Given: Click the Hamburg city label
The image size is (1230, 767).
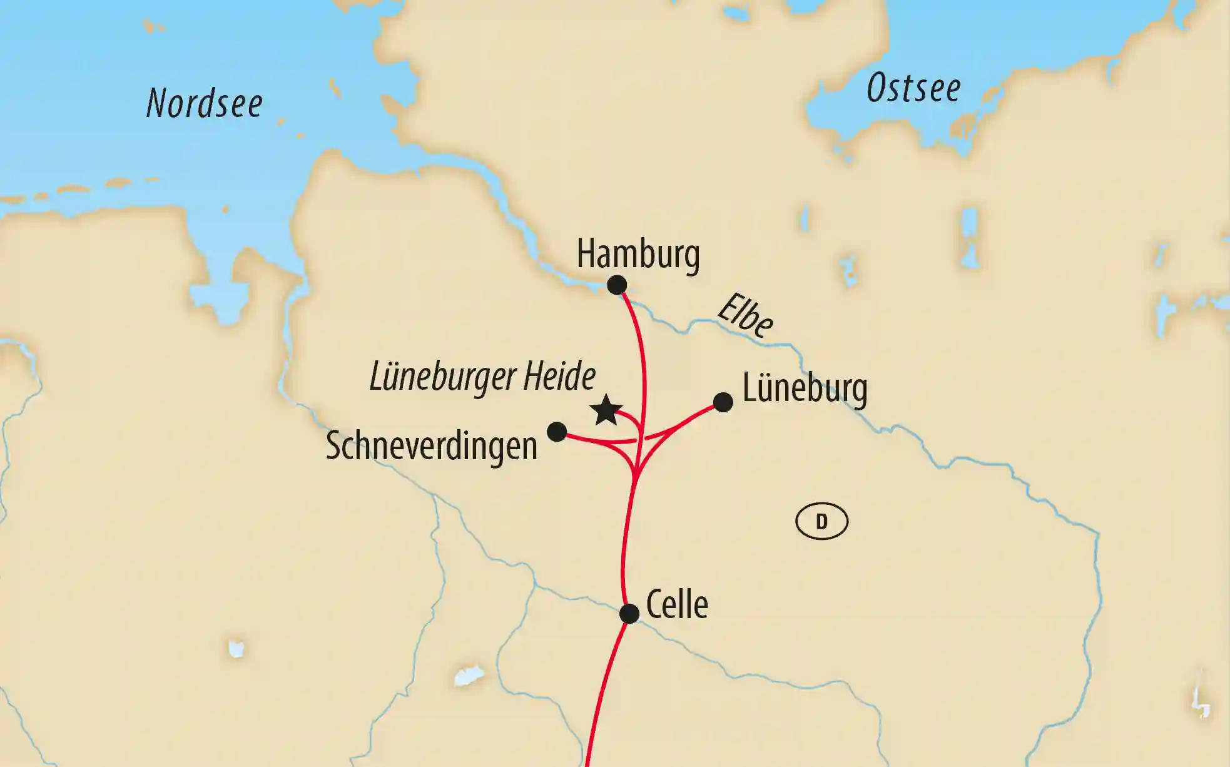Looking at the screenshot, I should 638,254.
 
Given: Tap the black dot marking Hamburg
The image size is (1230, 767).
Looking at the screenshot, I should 617,285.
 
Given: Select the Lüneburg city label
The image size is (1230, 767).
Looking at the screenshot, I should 805,389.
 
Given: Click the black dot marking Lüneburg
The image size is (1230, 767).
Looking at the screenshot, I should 723,402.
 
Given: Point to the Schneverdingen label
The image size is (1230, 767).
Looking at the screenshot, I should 432,446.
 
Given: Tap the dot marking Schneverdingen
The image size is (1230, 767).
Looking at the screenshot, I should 557,432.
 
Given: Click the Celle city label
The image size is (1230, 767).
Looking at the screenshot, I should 676,605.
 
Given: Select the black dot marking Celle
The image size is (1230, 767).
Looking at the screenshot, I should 629,613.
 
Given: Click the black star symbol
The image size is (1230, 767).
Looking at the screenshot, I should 606,410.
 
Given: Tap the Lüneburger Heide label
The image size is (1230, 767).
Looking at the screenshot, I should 482,377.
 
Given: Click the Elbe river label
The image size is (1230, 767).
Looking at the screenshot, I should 746,315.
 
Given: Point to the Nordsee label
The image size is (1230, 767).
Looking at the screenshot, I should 204,103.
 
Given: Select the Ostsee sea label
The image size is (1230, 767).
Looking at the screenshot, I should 913,88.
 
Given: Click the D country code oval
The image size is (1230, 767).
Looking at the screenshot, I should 821,521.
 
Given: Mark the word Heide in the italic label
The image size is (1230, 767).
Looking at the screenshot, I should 559,376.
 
